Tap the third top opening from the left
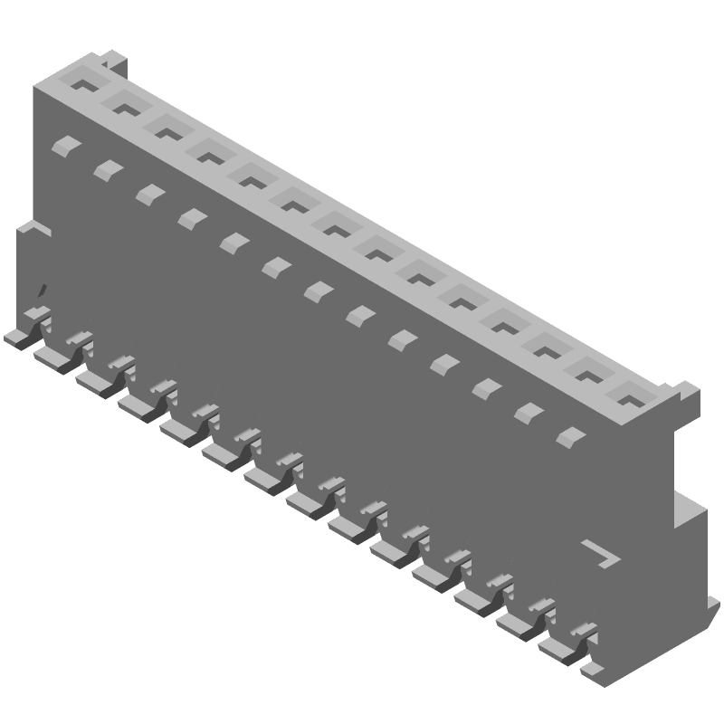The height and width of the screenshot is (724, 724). point(167,131)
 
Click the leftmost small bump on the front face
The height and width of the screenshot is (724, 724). point(64,145)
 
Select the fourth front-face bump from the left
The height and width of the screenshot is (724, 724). point(190,217)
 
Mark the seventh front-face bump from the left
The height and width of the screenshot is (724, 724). point(317,290)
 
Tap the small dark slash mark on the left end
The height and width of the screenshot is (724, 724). point(40,291)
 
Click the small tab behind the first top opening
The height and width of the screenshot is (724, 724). point(112,61)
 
